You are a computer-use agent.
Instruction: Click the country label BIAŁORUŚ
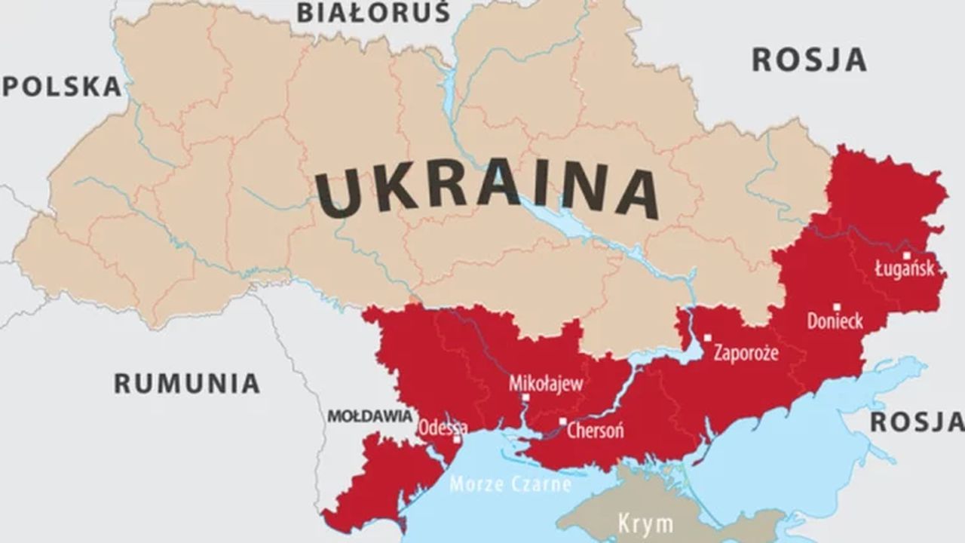coord(373,13)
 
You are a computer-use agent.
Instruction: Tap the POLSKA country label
coord(62,87)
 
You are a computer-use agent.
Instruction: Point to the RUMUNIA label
coord(187,383)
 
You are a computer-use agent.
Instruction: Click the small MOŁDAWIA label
coord(369,416)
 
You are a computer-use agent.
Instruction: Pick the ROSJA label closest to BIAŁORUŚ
coord(809,60)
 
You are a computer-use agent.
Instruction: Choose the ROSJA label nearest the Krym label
coord(917,422)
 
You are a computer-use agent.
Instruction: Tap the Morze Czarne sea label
coord(510,483)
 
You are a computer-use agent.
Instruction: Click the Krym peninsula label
coord(645,523)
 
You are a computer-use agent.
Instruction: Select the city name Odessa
coord(443,426)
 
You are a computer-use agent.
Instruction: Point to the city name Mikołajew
coord(546,384)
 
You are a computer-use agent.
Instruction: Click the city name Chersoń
coord(595,431)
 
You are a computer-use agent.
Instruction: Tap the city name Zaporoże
coord(746,352)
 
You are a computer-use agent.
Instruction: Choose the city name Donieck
coord(835,321)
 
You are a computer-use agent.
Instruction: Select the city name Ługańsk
coord(904,268)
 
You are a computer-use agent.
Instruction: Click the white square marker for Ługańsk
coord(906,256)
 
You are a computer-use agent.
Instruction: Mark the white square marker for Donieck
coord(836,307)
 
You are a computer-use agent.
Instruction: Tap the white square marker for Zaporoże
coord(707,338)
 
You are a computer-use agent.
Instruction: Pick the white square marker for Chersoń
coord(562,422)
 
